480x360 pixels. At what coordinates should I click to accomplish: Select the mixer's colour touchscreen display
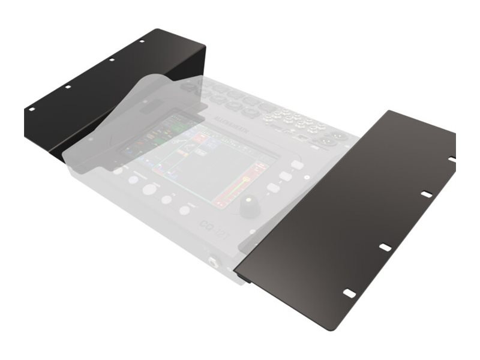click(x=201, y=159)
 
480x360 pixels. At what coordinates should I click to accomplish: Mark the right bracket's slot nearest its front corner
click(x=349, y=293)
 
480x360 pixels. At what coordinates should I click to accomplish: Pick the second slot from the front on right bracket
click(x=385, y=247)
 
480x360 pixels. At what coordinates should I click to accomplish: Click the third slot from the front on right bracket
click(x=426, y=194)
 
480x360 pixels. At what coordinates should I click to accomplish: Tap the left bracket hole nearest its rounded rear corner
click(x=142, y=41)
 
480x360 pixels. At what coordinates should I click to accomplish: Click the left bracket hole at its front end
click(x=31, y=110)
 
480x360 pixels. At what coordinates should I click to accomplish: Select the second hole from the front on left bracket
click(x=68, y=87)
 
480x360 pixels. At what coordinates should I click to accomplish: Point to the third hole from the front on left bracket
click(x=111, y=59)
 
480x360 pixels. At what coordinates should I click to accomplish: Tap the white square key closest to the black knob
click(x=273, y=188)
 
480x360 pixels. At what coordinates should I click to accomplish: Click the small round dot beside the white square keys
click(x=307, y=178)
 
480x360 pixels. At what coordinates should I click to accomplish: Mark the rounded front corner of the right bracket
click(x=328, y=328)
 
